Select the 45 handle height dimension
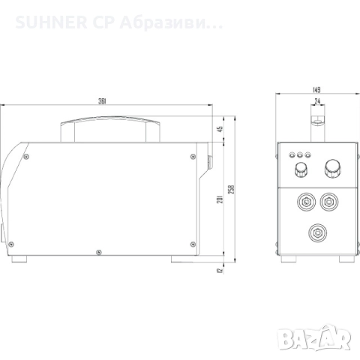point(220,129)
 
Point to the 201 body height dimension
point(220,198)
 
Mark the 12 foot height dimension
point(220,271)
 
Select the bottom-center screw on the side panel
point(98,251)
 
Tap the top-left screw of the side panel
point(28,157)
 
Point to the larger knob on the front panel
point(330,167)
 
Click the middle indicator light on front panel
point(300,155)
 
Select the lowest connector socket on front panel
point(316,231)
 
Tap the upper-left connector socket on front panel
point(304,202)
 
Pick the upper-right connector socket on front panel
point(328,202)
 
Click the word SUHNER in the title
point(42,25)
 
